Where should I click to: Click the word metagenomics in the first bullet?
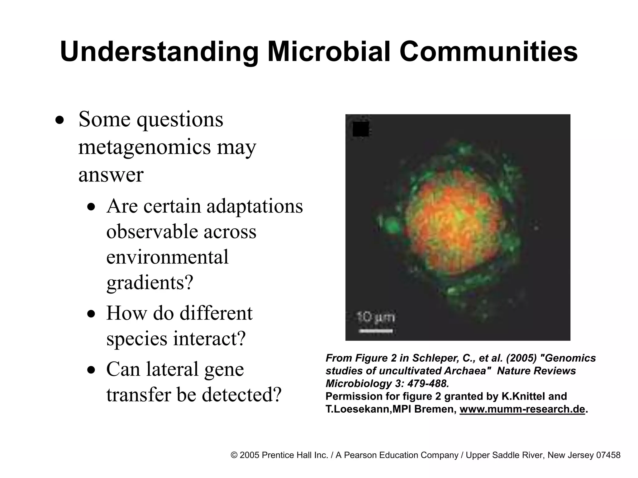pos(144,147)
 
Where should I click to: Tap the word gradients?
pos(150,283)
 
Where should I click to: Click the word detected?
pos(241,395)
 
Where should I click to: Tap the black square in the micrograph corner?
pos(361,129)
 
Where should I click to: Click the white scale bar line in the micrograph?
pos(376,331)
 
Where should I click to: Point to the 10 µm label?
pos(376,318)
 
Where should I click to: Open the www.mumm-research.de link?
pos(522,409)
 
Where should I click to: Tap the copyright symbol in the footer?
pos(234,455)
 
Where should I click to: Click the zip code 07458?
pos(608,455)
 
